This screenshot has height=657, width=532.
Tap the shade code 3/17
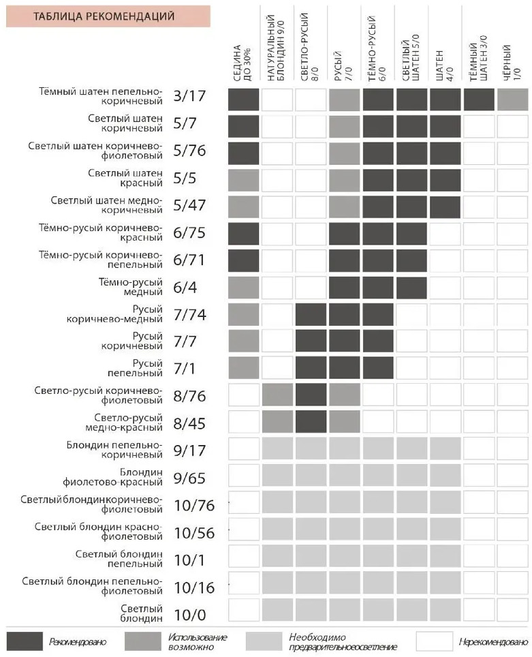(189, 96)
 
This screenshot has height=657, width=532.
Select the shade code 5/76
(189, 151)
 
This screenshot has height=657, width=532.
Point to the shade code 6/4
(185, 288)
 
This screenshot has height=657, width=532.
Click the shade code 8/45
(189, 424)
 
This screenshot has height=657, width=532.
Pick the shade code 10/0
(189, 615)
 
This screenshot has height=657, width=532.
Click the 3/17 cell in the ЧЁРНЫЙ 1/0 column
(513, 100)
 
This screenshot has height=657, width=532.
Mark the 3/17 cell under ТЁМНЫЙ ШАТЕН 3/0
(479, 100)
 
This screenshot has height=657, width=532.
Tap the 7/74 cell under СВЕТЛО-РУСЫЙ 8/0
(311, 314)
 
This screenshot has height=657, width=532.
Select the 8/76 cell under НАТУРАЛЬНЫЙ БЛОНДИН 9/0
(277, 395)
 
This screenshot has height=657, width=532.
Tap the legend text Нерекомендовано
(493, 642)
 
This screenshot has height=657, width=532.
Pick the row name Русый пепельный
(140, 369)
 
